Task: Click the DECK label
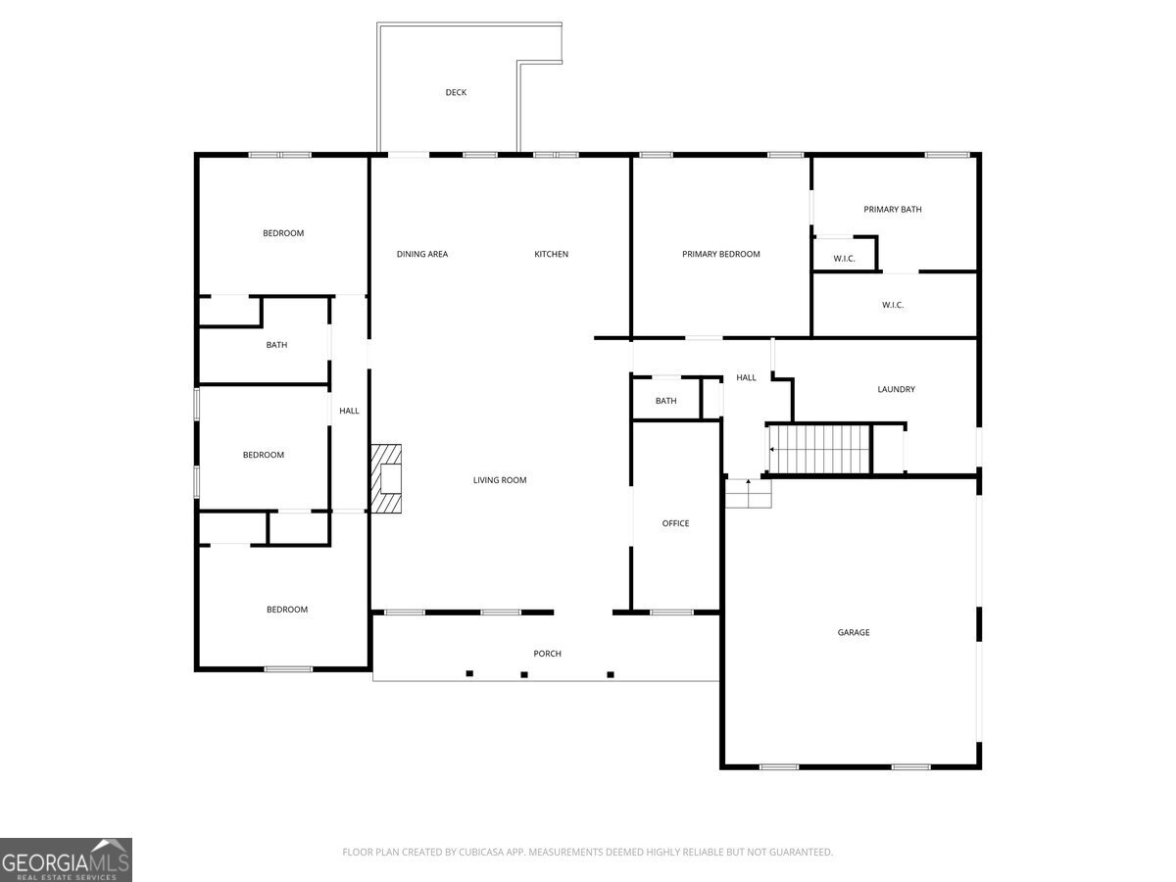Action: [x=456, y=92]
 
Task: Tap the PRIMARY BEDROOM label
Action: [x=720, y=254]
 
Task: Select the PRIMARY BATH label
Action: [x=892, y=209]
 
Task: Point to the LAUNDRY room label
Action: [x=896, y=389]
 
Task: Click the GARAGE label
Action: [x=853, y=632]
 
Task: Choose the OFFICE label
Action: [x=675, y=523]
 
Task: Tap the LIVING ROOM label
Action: [x=500, y=480]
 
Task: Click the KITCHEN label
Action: [x=551, y=254]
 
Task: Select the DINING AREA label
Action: [x=422, y=254]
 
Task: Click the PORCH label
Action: [x=547, y=654]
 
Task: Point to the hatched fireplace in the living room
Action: [x=386, y=479]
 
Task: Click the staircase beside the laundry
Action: [x=819, y=449]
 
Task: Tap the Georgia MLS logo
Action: [x=66, y=859]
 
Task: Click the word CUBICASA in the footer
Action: [x=482, y=853]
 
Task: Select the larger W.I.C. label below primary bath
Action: [x=892, y=305]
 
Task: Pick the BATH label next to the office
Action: [x=665, y=401]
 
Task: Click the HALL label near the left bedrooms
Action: [x=349, y=411]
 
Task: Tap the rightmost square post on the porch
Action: [x=611, y=674]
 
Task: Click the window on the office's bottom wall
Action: [x=671, y=612]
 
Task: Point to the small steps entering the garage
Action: [x=748, y=494]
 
